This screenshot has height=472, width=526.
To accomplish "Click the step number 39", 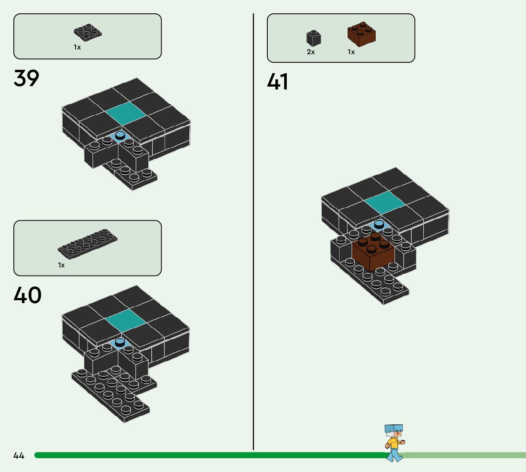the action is click(x=26, y=79).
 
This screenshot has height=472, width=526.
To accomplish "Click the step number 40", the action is click(x=27, y=295).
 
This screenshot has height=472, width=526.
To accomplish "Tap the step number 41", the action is click(x=278, y=82).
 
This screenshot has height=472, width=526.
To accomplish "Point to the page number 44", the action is click(x=19, y=456).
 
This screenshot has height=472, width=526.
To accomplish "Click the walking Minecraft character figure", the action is click(x=394, y=442).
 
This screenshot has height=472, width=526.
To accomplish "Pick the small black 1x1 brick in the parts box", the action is click(x=313, y=38).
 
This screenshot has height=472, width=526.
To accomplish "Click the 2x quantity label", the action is click(x=311, y=52).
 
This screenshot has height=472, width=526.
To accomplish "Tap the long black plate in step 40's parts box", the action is click(x=88, y=245).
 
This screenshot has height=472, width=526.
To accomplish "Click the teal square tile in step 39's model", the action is click(x=125, y=113).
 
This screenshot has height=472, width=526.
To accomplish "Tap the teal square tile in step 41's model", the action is click(x=384, y=202).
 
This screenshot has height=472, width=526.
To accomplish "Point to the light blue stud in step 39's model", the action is click(x=120, y=136).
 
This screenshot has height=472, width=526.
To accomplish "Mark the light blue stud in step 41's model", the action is click(x=379, y=224).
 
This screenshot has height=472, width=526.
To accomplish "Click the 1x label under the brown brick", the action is click(x=351, y=52).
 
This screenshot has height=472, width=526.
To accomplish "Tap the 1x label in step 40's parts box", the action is click(x=61, y=265).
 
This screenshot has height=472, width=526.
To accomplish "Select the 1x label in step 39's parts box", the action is click(x=77, y=48).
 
